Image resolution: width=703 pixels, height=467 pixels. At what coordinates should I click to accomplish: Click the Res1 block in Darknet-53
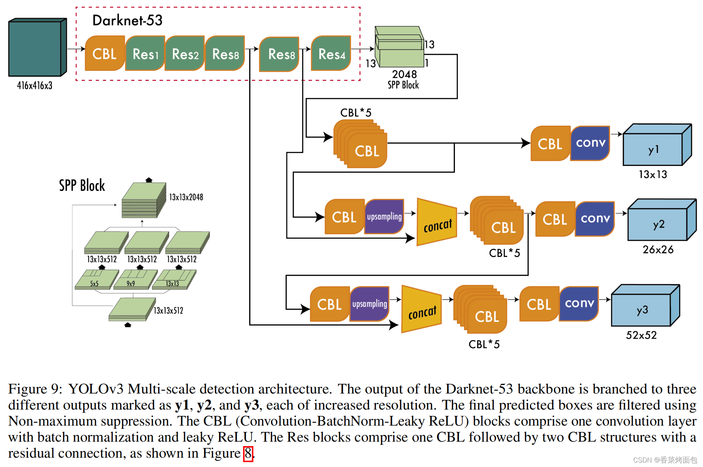coord(145,53)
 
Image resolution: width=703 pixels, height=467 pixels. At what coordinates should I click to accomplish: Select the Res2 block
coord(185,53)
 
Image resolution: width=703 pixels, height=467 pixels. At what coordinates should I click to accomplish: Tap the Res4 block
coord(331,53)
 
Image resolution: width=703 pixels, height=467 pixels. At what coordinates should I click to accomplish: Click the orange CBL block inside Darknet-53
coord(105,53)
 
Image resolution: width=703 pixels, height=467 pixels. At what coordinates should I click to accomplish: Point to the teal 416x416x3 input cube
coord(38,47)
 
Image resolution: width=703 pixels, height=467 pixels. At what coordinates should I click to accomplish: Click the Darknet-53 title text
coord(127,20)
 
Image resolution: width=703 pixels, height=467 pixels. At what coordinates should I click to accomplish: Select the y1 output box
coord(657,145)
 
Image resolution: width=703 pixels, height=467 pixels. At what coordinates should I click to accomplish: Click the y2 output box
coord(662,220)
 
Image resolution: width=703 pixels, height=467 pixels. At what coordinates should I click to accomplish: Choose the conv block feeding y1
coord(590,143)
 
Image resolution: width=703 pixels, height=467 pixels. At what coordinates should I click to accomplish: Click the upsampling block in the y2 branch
coord(384,217)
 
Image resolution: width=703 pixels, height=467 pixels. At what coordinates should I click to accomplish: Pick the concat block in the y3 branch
coord(422,309)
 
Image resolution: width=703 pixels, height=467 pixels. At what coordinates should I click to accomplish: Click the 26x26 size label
coord(658,250)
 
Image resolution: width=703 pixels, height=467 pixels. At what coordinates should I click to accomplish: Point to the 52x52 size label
coord(641,335)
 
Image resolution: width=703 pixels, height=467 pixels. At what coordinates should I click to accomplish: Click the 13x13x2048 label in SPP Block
coord(186,197)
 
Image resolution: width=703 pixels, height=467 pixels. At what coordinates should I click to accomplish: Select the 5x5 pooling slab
coord(97,279)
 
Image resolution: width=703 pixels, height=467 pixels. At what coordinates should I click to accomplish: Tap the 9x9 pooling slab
coord(135,279)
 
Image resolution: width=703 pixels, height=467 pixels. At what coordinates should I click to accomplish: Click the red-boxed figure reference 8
coord(248,454)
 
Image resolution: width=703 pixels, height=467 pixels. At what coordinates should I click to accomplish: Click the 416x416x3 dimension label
coord(35,85)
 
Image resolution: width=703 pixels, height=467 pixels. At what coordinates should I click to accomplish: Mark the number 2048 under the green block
coord(404,74)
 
